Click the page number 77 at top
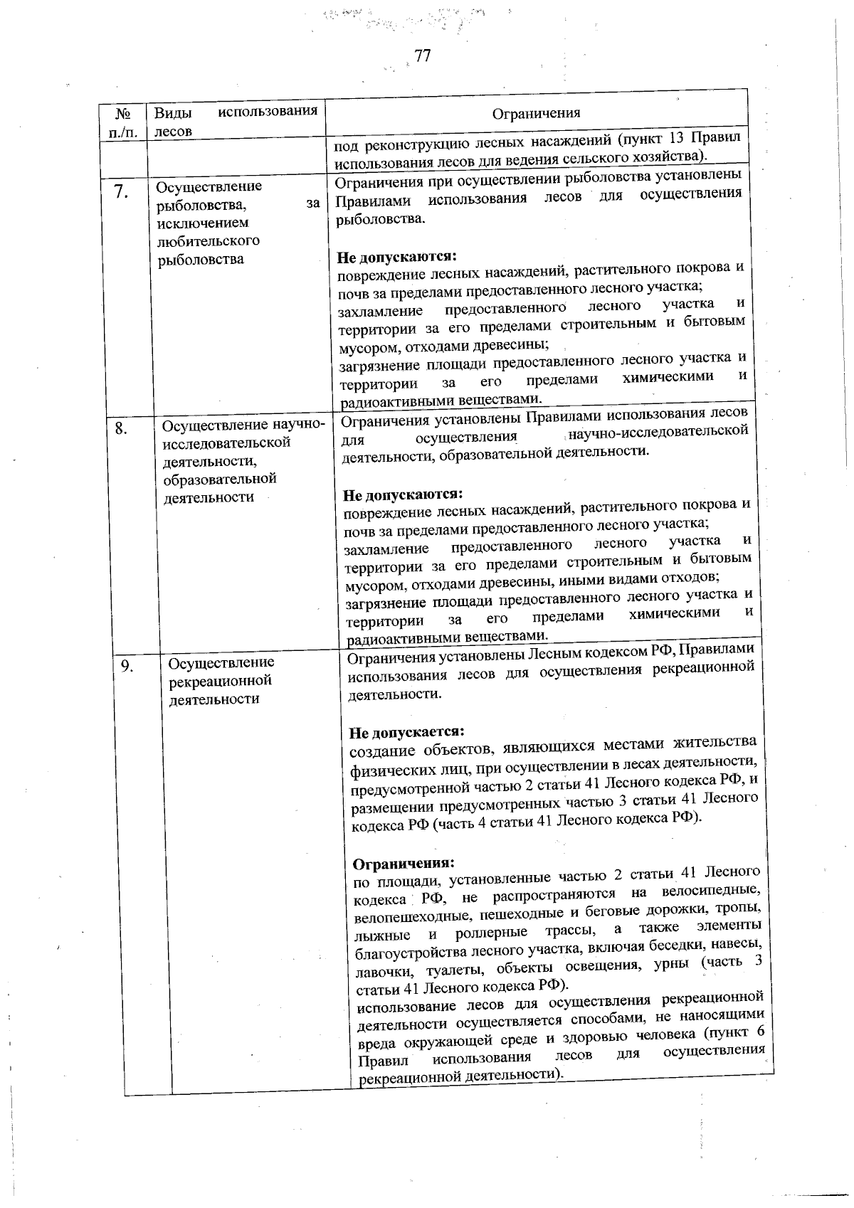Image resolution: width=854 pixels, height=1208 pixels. click(x=422, y=57)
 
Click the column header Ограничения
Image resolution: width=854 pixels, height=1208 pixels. click(x=537, y=113)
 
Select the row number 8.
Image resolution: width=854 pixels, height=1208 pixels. click(x=122, y=428)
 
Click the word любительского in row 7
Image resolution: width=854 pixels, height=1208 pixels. click(x=208, y=240)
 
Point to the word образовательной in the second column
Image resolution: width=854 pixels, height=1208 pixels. click(x=219, y=479)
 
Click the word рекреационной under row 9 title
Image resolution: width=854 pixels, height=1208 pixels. click(x=221, y=680)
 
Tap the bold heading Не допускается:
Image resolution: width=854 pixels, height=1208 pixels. click(x=406, y=732)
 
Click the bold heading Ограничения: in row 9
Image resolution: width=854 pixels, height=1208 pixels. click(x=404, y=864)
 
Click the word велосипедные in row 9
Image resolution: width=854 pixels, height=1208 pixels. click(x=712, y=891)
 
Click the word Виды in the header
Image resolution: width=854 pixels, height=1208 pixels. click(x=169, y=112)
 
